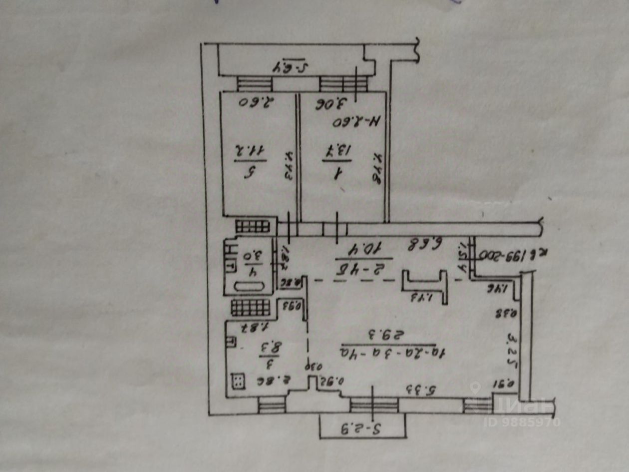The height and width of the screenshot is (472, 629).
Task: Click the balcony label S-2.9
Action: pos(361,429)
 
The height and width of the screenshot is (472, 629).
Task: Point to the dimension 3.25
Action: pos(511,344)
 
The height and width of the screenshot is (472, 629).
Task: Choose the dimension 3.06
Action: pos(330,104)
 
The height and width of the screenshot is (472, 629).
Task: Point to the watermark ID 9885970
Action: pos(522,422)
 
